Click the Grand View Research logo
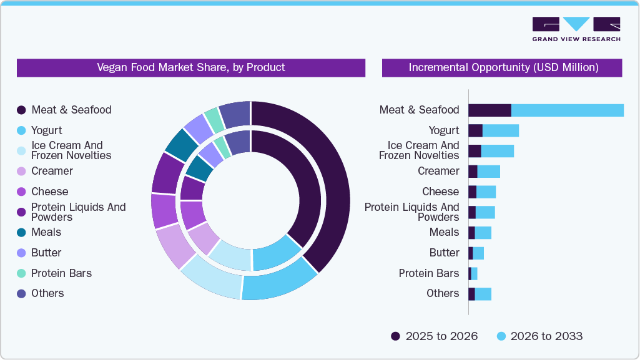click(x=576, y=29)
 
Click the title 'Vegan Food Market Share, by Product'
click(x=190, y=67)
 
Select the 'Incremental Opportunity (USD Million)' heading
click(x=503, y=67)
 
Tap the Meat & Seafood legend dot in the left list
click(x=21, y=110)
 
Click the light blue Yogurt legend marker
click(x=21, y=130)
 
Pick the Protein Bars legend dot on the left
click(x=21, y=273)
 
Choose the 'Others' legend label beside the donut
click(x=47, y=293)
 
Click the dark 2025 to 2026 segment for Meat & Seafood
click(x=490, y=110)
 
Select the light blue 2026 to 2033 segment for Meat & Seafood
click(x=567, y=110)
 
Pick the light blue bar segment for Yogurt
click(x=500, y=130)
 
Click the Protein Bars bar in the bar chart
click(x=473, y=273)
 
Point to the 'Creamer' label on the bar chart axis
click(x=438, y=171)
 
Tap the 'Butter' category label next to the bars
click(x=444, y=253)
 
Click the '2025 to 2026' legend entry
click(x=435, y=336)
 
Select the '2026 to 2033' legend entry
click(x=539, y=336)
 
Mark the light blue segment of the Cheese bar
click(x=486, y=192)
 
